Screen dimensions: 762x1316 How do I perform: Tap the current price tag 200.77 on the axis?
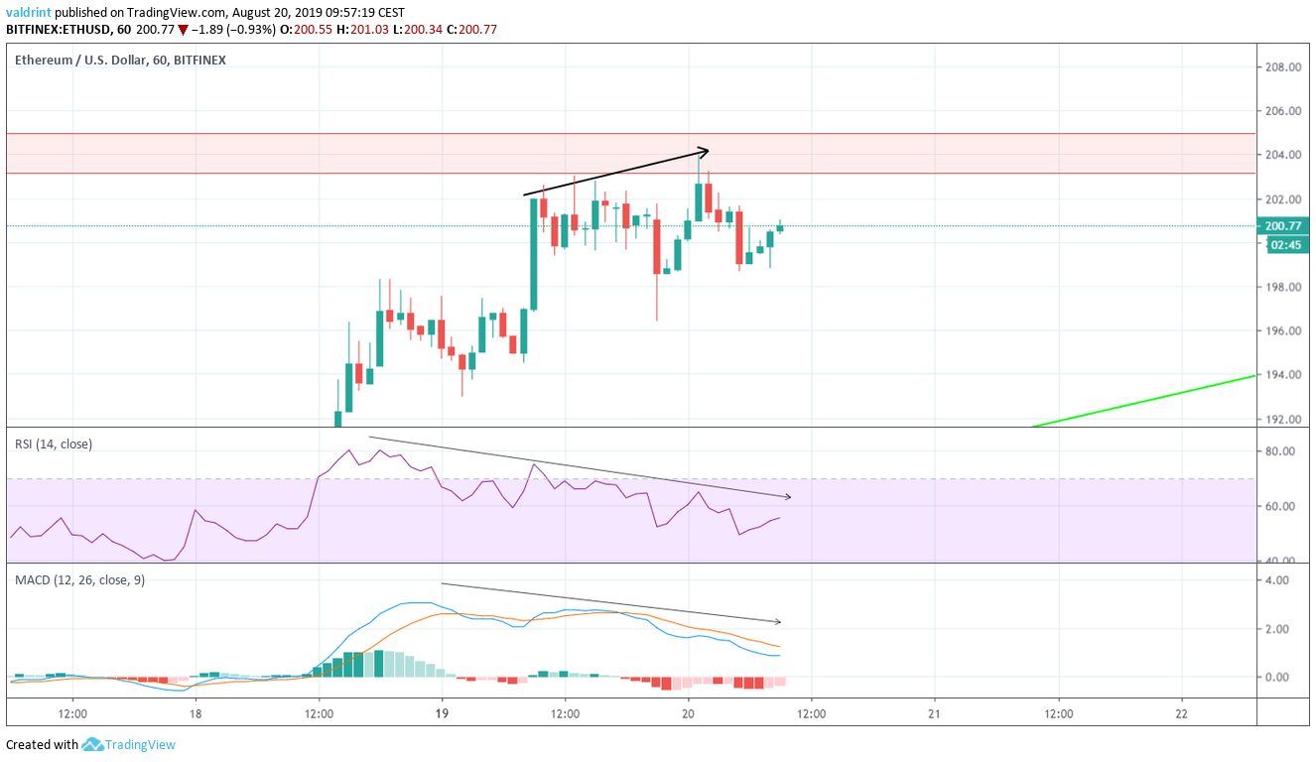[x=1283, y=226]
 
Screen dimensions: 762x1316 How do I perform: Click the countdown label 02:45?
[x=1279, y=244]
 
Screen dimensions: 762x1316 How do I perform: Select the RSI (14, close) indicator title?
[x=53, y=444]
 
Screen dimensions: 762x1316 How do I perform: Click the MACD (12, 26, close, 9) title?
[x=79, y=580]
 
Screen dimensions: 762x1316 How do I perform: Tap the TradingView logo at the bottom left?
[x=129, y=744]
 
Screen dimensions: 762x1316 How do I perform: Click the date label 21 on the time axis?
[x=934, y=713]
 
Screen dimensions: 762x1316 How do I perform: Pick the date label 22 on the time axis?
[x=1181, y=713]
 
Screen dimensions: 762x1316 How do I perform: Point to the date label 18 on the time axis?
[x=196, y=713]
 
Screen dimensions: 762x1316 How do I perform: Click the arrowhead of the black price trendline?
[x=704, y=151]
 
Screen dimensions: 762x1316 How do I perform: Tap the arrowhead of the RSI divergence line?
[x=786, y=495]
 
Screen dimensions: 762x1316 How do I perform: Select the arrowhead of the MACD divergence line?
[x=777, y=622]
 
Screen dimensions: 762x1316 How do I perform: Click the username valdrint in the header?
[x=29, y=13]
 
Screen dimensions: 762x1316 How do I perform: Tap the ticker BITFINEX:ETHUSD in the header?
[x=55, y=30]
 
